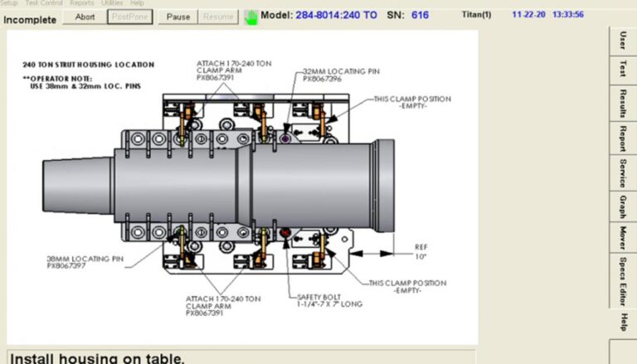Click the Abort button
84,17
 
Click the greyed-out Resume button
218,17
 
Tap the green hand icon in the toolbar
250,17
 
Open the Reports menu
81,3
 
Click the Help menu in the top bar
138,3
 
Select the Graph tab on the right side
622,205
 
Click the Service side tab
622,171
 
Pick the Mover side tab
622,237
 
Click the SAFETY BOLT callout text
329,299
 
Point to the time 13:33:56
567,14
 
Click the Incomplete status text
30,17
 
